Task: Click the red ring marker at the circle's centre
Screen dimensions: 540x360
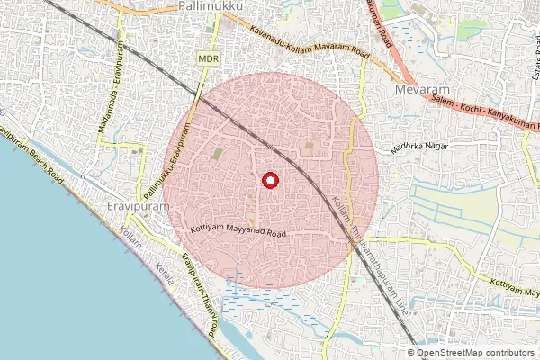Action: click(269, 181)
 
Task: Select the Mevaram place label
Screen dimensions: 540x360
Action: click(419, 91)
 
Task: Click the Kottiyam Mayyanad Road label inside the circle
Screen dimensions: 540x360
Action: click(238, 231)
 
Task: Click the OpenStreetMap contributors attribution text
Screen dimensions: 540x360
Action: click(476, 352)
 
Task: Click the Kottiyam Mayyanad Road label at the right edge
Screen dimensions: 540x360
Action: click(514, 283)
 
